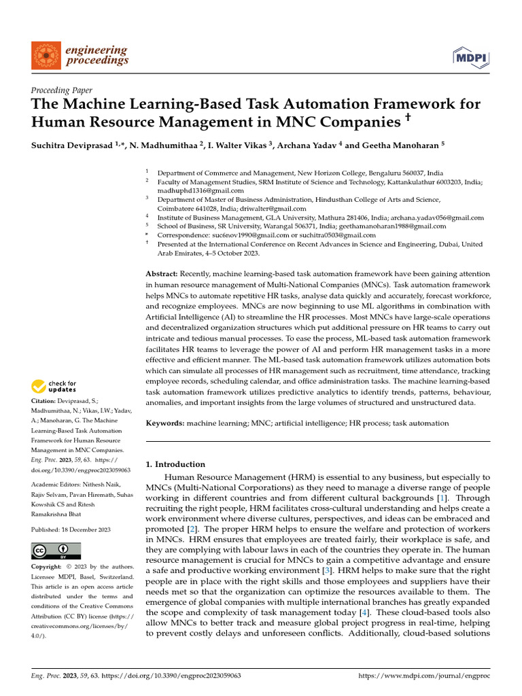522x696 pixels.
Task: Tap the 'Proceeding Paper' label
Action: (x=62, y=90)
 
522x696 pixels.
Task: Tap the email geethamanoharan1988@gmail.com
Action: (x=391, y=226)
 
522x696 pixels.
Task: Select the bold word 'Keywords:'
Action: (x=165, y=423)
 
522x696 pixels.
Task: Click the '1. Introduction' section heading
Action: (x=175, y=464)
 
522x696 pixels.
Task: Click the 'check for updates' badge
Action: (x=53, y=387)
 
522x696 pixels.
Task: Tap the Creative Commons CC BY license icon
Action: (x=56, y=551)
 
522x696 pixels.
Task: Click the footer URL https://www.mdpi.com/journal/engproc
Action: (x=423, y=676)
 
